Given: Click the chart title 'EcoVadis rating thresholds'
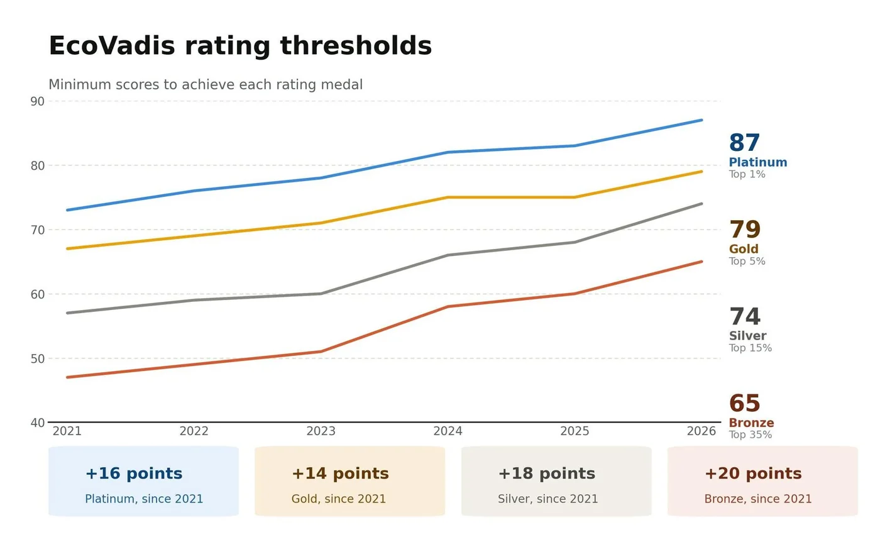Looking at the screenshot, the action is pos(240,47).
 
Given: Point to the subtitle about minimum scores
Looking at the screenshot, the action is pos(206,84).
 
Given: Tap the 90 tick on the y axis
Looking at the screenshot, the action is pos(37,101).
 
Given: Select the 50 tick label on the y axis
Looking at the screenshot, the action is pos(37,358).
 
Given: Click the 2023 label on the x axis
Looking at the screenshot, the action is pos(321,431).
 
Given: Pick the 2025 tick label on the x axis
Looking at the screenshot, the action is pos(575,431).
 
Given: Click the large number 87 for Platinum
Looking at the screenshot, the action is pos(744,143).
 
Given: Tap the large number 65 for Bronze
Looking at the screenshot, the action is pos(744,403).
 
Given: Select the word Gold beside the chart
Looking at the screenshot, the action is pos(744,249).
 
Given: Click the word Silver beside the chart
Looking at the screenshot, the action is pos(747,336).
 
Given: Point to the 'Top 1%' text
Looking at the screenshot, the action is pos(747,174).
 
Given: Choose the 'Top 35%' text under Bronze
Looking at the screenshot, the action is pos(751,435).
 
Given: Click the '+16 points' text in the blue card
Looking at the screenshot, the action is pos(134,474).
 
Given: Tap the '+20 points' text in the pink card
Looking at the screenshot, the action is pos(753,474).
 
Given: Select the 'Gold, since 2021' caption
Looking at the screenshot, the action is pos(339,499).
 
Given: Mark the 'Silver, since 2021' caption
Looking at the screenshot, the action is pos(547,499).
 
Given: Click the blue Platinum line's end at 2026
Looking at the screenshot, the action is pos(701,120).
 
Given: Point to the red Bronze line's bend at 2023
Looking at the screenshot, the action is pos(321,352).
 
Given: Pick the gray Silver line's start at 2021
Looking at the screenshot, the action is pos(68,313).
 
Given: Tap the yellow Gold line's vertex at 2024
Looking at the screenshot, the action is pos(448,197).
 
